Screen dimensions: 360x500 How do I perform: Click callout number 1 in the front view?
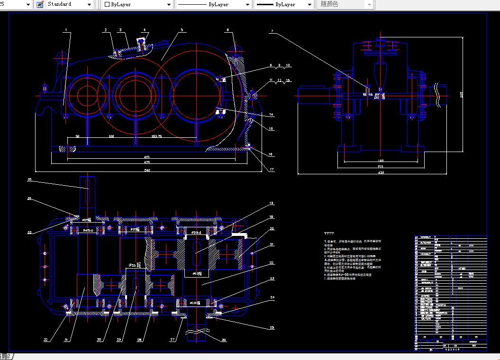coord(66,30)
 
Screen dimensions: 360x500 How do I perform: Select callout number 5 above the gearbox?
coord(182,30)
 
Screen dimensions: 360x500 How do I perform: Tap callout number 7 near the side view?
coord(272,31)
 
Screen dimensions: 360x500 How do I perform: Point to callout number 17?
coord(272,170)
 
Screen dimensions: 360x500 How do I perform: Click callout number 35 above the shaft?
coord(29,180)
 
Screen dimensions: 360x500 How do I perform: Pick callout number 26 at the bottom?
coord(224,339)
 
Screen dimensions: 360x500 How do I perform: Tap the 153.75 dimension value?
coord(157,136)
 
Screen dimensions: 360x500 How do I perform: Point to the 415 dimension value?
coord(147,157)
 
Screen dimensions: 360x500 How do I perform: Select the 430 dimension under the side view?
coord(381,173)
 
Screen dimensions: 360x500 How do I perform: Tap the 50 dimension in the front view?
coord(77,136)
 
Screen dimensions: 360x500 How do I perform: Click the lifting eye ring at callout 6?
coord(235,49)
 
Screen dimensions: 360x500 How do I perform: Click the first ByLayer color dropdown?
coord(137,4)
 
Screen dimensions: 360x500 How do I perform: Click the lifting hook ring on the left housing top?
coord(61,58)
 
